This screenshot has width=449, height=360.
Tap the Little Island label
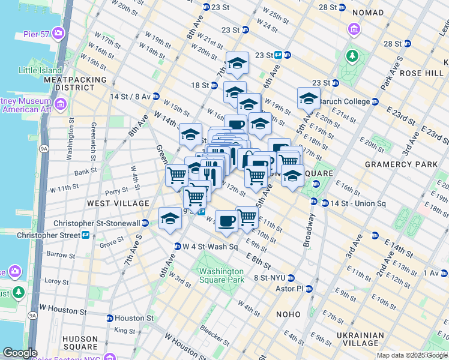coord(40,70)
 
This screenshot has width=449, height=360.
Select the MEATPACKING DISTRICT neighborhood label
coord(75,83)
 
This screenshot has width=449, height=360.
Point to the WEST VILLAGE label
coord(118,203)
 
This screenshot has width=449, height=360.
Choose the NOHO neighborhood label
coord(288,314)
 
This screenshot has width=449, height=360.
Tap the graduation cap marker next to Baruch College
coord(309,98)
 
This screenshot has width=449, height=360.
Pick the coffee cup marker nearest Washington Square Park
coord(226,220)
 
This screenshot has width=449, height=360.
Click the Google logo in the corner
coord(20,353)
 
